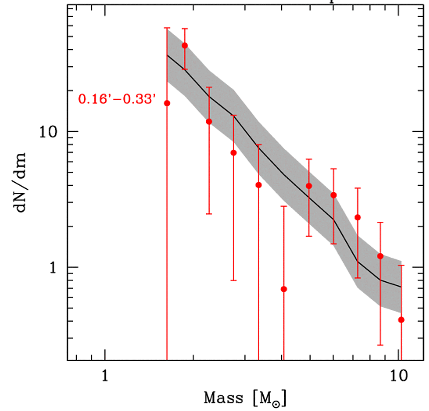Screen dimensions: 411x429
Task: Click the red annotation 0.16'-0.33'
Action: point(118,99)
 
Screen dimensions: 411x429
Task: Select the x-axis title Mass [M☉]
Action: point(245,398)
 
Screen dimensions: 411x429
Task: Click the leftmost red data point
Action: point(167,103)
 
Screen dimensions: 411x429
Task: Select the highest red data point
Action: point(185,46)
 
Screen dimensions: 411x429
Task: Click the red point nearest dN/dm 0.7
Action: point(284,289)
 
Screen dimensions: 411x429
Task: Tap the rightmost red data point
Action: point(401,320)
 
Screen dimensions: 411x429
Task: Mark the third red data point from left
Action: point(209,121)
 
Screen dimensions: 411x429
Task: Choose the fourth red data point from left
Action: point(233,152)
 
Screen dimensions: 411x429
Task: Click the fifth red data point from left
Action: point(258,185)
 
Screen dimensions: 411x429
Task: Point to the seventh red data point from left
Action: point(309,186)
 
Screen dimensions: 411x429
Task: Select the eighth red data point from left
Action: point(333,195)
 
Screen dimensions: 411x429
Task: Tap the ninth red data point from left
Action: point(357,217)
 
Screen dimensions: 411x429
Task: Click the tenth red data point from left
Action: point(380,256)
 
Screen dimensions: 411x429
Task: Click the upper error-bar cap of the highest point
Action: point(185,28)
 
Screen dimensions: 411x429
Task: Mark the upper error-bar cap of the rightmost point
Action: point(401,265)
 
